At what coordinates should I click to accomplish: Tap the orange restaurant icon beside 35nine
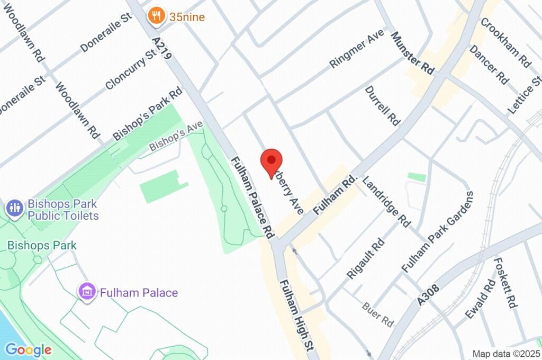pos(156,16)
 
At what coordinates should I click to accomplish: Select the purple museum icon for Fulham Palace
pos(87,291)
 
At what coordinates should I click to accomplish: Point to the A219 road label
pos(162,48)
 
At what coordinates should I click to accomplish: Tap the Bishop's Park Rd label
pos(147,114)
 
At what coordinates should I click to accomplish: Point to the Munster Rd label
pos(412,52)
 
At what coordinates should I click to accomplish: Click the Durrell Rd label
pos(382,105)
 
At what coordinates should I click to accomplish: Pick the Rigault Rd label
pos(366,258)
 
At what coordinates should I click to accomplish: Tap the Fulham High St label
pos(297,316)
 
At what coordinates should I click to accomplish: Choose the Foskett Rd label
pos(505,282)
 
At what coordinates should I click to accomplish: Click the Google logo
pos(28,349)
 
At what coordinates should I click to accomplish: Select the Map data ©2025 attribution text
pos(506,354)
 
